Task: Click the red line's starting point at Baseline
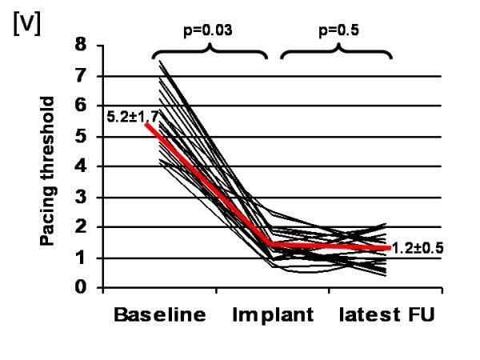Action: tap(147, 124)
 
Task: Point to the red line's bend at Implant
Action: tap(272, 245)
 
